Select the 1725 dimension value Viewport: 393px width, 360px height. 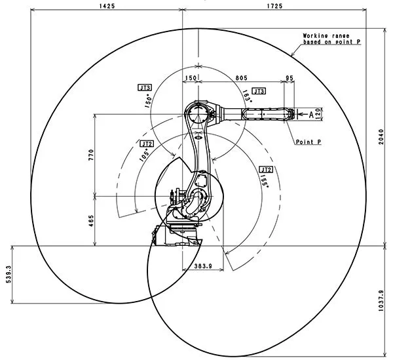click(274, 5)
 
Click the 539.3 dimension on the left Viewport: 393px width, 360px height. click(8, 274)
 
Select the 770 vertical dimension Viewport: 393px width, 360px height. click(92, 155)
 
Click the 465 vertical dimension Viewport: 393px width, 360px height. click(92, 222)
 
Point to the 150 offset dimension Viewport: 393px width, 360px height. click(190, 77)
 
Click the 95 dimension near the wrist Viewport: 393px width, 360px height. click(290, 77)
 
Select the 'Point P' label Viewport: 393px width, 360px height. click(307, 142)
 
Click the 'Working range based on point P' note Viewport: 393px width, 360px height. click(331, 38)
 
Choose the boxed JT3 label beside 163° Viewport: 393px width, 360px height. click(258, 91)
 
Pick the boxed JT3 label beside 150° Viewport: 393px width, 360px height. click(145, 87)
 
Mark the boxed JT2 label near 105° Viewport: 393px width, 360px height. click(147, 143)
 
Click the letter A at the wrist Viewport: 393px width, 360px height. click(311, 114)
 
